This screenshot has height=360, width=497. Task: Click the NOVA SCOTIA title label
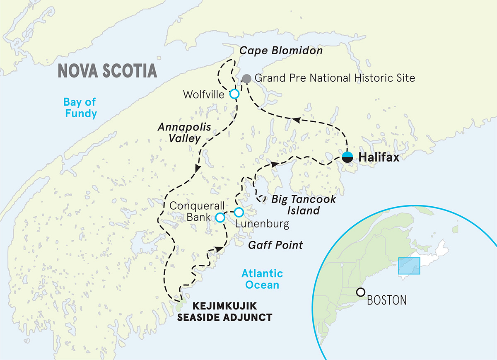(107, 70)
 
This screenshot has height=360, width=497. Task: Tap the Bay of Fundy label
(80, 108)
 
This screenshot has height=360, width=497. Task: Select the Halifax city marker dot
(347, 157)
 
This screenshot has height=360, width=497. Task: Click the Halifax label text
(379, 157)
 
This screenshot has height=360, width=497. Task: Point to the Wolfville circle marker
(234, 94)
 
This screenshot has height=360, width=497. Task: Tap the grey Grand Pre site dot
(246, 78)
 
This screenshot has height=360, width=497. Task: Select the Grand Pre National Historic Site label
(335, 78)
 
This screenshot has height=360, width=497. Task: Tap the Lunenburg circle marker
(239, 212)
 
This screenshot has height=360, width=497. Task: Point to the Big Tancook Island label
(303, 205)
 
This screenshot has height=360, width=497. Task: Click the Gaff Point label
(275, 245)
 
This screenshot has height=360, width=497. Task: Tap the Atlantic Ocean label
(262, 279)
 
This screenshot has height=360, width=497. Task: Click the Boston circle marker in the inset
(361, 292)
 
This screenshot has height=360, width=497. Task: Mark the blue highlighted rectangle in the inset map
(409, 266)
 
